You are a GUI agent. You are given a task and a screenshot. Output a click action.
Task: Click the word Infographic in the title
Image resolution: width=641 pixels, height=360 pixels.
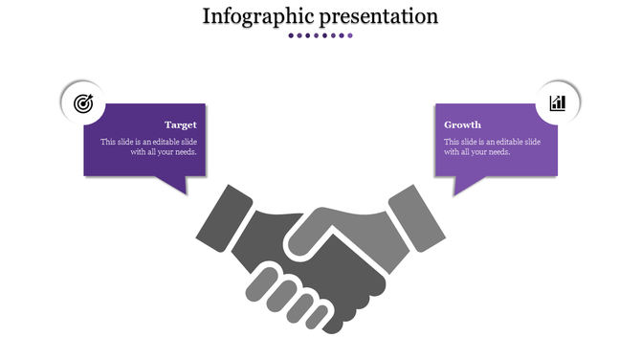point(252,16)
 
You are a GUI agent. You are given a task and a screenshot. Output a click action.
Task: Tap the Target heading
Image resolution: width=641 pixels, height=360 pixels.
point(181,124)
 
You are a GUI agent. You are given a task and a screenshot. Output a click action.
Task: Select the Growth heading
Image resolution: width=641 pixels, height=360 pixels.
point(463,124)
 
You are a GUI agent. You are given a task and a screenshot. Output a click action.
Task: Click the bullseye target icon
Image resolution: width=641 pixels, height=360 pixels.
point(83,102)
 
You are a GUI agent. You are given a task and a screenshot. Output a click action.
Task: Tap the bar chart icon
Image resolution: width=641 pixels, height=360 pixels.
point(558,102)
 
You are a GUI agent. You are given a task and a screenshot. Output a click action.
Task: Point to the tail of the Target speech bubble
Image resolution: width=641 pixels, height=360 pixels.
point(177,184)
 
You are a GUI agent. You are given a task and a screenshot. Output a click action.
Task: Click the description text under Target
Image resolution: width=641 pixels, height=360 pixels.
point(149,146)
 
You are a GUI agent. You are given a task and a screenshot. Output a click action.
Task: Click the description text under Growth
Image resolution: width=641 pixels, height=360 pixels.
point(492,146)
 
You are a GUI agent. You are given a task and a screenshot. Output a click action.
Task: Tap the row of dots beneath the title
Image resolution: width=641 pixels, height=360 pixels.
point(320,35)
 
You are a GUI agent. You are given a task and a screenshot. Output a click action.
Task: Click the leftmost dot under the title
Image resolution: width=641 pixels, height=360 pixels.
point(291,35)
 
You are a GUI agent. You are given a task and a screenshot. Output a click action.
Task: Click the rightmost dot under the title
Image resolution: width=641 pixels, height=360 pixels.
point(350,35)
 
